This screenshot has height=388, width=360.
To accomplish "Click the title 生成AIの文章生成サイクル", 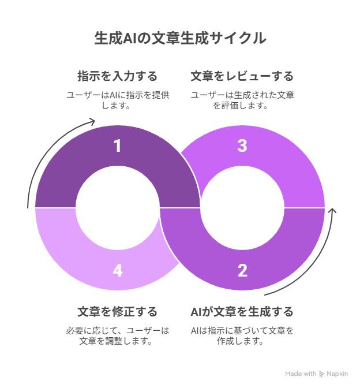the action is [x=180, y=38].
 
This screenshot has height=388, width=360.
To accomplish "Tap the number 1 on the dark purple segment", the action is [x=118, y=145].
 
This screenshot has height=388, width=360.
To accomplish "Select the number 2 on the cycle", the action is [x=242, y=270].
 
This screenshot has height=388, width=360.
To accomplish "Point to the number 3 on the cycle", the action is [x=242, y=145].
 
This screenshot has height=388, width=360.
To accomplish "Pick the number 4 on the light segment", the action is [x=118, y=270].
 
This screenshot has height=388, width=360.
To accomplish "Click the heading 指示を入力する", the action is [x=118, y=76].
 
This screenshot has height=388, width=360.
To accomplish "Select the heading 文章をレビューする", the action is [x=242, y=76].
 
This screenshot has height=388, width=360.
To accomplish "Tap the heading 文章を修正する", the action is [x=118, y=312].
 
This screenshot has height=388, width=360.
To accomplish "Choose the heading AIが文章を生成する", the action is [x=242, y=312].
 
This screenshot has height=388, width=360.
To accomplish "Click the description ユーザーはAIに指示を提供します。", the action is [x=118, y=100].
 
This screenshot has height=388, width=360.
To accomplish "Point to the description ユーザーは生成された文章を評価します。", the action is [x=242, y=100].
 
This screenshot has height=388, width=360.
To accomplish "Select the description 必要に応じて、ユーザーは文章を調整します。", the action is [x=118, y=336].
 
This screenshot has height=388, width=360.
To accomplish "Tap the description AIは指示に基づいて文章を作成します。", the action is [x=242, y=336].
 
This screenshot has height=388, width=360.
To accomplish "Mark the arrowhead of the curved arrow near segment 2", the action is [x=333, y=210].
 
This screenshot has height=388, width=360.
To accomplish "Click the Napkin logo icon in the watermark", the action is [x=321, y=374].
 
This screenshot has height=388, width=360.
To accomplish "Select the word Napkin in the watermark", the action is [x=337, y=374].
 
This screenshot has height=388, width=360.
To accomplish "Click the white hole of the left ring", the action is [x=118, y=208].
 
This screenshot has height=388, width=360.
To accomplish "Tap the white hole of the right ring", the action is [x=242, y=208].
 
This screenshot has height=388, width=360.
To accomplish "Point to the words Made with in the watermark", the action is [x=301, y=374].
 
